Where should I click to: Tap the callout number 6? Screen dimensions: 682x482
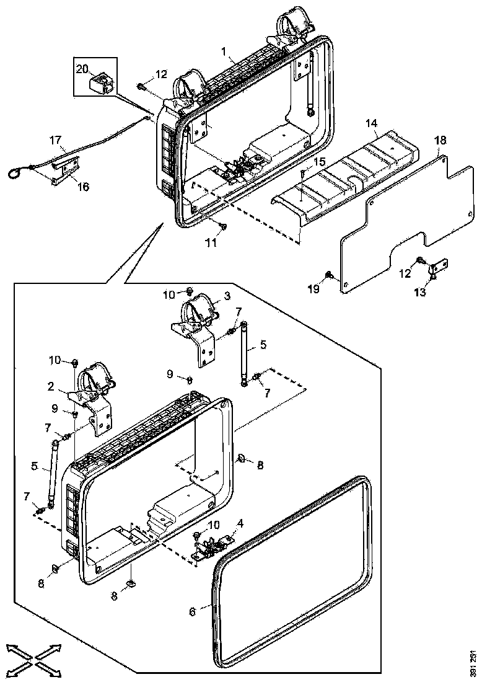pos(192,611)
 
